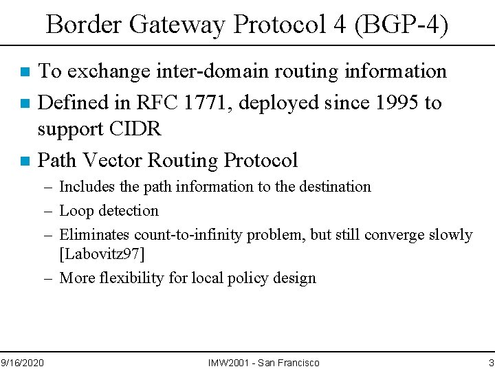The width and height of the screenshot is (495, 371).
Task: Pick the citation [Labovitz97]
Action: pos(102,254)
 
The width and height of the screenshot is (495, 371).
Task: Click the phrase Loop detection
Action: pos(109,211)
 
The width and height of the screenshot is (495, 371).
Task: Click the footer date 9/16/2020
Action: pos(22,362)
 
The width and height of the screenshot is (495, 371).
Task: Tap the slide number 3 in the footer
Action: pos(491,362)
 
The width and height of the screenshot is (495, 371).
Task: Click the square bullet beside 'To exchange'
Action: pos(25,71)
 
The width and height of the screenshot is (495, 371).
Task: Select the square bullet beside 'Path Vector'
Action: pos(25,161)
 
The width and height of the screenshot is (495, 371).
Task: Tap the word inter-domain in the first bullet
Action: pos(219,71)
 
